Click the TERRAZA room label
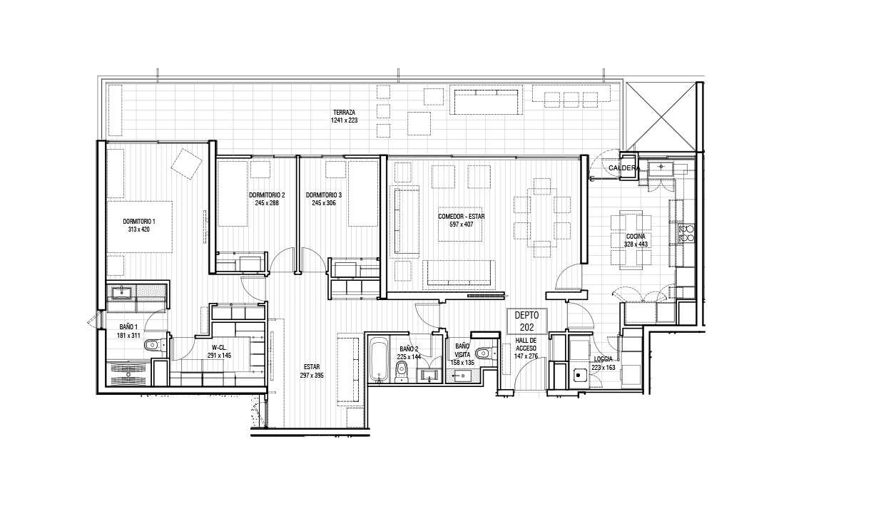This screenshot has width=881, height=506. point(344,113)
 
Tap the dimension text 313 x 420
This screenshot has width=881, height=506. point(139,229)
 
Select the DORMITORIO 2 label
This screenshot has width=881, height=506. point(267,195)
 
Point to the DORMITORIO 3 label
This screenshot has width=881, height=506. point(324,195)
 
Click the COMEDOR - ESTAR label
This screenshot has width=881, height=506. point(462,217)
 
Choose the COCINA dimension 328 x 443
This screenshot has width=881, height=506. point(636,244)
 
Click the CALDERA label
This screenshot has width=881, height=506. point(624,168)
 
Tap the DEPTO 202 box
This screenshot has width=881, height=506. point(526,321)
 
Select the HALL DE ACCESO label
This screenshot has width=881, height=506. point(526,344)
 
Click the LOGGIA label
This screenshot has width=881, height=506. point(604,359)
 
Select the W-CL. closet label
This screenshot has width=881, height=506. point(220,348)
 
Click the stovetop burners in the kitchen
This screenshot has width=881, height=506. point(686,233)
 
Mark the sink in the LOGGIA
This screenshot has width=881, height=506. point(580,376)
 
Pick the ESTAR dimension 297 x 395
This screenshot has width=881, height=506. point(312,376)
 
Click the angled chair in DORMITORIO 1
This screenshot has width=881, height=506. point(186,164)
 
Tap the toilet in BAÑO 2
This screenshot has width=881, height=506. point(401,371)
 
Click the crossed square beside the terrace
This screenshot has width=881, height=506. point(661,117)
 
